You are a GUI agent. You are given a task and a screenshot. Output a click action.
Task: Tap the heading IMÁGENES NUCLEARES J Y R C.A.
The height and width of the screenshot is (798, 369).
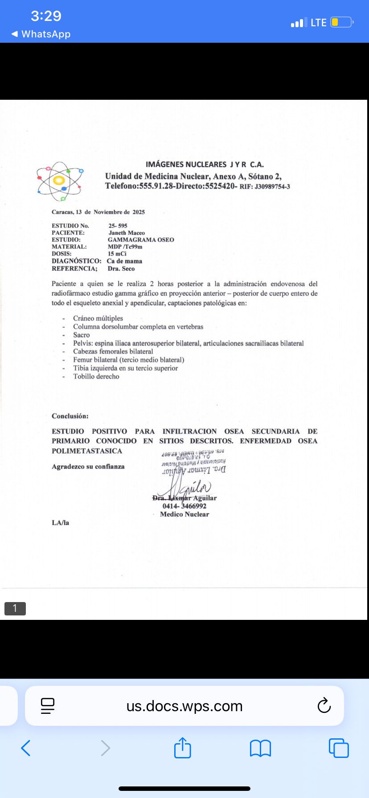pyautogui.click(x=205, y=164)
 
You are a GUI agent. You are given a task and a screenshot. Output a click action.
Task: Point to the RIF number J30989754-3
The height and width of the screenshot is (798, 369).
pyautogui.click(x=272, y=187)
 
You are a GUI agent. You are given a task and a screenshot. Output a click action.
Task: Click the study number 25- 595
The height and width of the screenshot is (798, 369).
pyautogui.click(x=118, y=226)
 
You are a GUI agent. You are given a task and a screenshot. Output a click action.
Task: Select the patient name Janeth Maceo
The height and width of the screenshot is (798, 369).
pyautogui.click(x=127, y=233)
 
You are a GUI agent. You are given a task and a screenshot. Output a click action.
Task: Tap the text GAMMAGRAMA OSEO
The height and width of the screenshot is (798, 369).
pyautogui.click(x=141, y=240)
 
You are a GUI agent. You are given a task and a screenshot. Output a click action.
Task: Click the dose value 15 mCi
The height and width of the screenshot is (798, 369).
pyautogui.click(x=117, y=254)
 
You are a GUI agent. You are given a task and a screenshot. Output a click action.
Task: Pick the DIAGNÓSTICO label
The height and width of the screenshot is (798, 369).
pyautogui.click(x=76, y=261)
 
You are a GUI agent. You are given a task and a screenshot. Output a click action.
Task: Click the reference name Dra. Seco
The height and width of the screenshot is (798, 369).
pyautogui.click(x=121, y=269)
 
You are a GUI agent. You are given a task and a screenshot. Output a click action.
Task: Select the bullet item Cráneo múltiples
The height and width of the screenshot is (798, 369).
pyautogui.click(x=98, y=318)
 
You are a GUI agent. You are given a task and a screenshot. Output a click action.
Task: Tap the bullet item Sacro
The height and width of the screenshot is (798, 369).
pyautogui.click(x=82, y=335)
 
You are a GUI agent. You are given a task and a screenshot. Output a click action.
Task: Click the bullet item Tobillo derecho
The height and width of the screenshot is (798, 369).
pyautogui.click(x=96, y=376)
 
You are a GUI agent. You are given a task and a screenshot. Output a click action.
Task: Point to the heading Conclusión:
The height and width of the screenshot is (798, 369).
pyautogui.click(x=70, y=416)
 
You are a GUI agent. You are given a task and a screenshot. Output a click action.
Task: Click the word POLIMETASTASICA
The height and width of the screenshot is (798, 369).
pyautogui.click(x=87, y=451)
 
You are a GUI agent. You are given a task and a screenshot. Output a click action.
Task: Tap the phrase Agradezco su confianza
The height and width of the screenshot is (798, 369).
pyautogui.click(x=88, y=467)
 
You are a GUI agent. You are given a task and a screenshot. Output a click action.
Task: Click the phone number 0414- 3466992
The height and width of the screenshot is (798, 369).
pyautogui.click(x=184, y=506)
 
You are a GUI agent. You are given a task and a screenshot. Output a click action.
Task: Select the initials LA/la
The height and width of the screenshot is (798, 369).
pyautogui.click(x=60, y=523)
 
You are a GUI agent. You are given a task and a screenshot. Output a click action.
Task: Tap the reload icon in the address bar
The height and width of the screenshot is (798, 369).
pyautogui.click(x=324, y=705)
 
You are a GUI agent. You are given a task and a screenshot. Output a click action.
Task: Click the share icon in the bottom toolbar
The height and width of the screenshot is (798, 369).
pyautogui.click(x=183, y=748)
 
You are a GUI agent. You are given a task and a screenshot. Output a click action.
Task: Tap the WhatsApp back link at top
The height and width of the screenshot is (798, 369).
pyautogui.click(x=41, y=34)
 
